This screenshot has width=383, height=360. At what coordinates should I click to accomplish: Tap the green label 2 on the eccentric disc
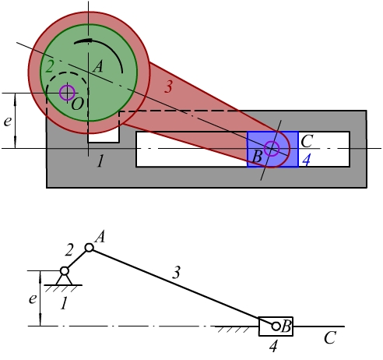[49, 66]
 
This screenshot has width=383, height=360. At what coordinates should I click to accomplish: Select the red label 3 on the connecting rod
[168, 86]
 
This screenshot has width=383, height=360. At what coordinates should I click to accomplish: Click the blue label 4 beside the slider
[307, 160]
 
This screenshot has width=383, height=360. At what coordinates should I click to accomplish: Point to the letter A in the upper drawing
[98, 66]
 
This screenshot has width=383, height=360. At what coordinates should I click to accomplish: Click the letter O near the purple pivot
[77, 104]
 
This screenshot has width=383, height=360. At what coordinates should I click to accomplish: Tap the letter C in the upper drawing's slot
[307, 141]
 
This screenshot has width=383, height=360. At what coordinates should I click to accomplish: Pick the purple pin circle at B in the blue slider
[272, 149]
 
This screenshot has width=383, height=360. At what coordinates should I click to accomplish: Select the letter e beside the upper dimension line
[8, 122]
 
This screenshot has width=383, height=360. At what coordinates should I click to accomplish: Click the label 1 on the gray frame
[100, 161]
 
